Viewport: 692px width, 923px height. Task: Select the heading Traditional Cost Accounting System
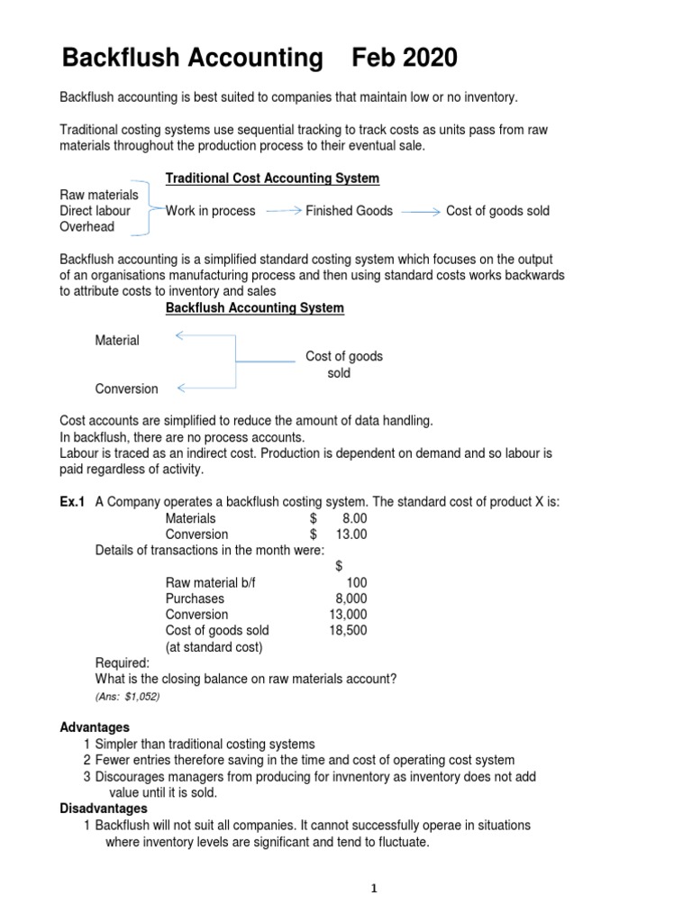point(272,178)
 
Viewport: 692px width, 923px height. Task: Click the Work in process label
point(210,211)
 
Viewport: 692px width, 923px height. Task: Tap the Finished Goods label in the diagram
point(349,211)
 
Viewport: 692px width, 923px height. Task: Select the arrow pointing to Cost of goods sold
point(421,211)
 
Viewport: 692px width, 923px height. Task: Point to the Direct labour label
point(95,211)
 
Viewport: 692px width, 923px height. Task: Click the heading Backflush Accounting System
point(254,308)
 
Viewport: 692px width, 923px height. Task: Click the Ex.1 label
point(72,502)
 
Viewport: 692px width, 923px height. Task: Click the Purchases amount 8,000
point(351,599)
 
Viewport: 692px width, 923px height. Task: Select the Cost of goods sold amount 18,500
point(348,631)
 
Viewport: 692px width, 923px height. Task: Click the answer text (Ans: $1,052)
point(127,697)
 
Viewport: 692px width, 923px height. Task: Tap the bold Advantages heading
point(95,727)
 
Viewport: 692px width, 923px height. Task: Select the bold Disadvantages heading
point(103,809)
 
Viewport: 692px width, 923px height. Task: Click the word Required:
point(123,663)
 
